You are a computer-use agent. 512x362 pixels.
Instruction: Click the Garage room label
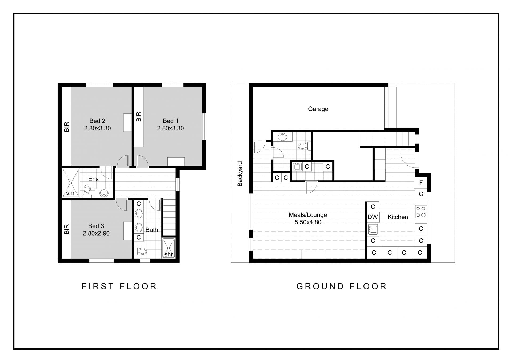[x=318, y=109]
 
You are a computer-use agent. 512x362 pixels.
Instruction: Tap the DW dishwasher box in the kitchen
[x=373, y=217]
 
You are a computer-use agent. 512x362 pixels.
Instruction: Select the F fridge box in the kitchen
[x=421, y=183]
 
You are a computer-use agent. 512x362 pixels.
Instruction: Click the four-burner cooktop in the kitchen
[x=421, y=212]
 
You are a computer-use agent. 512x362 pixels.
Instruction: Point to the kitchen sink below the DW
[x=373, y=229]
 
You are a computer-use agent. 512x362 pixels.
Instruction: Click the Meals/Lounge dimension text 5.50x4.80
[x=308, y=222]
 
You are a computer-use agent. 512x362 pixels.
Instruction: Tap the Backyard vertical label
[x=240, y=174]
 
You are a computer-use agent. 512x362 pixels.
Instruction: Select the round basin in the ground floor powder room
[x=282, y=137]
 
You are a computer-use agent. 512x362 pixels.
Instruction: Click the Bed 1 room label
[x=170, y=121]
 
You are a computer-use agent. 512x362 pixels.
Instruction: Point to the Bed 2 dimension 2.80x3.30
[x=97, y=128]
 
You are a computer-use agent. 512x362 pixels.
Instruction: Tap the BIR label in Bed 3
[x=66, y=229]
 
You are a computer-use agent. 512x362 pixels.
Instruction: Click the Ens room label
[x=93, y=179]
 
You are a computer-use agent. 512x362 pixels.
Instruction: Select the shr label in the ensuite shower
[x=70, y=193]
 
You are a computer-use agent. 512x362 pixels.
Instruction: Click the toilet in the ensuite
[x=87, y=191]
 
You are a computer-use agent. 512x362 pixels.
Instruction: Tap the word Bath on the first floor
[x=152, y=230]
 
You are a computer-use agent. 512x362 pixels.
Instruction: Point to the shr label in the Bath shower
[x=169, y=254]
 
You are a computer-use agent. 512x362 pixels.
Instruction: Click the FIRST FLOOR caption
[x=119, y=286]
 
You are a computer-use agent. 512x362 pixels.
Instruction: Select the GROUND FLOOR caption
[x=342, y=286]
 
